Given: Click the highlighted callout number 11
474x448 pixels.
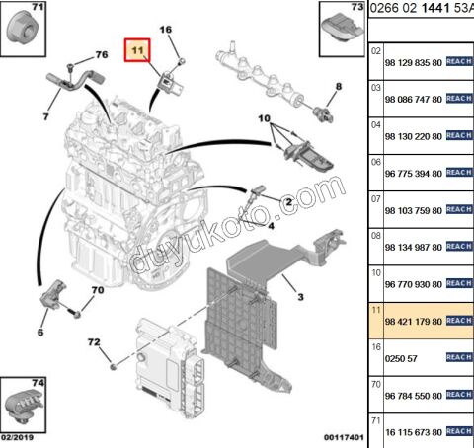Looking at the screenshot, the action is (x=137, y=50).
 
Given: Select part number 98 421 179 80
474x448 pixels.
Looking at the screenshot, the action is (x=414, y=322).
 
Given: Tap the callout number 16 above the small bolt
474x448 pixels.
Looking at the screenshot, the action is (x=166, y=30).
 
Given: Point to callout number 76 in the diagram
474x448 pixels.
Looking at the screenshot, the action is (x=102, y=54).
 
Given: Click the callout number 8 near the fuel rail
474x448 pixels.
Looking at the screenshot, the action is (x=339, y=86).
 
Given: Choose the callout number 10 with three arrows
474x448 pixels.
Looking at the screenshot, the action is (x=264, y=118).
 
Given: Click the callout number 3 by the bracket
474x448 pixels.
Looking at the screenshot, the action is (x=300, y=297).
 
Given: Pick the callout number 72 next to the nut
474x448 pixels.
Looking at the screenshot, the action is (x=94, y=342).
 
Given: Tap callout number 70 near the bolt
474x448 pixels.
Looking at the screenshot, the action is (x=98, y=290).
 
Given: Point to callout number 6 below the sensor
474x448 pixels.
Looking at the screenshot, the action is (x=40, y=332).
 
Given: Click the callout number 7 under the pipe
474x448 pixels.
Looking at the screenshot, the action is (x=45, y=116).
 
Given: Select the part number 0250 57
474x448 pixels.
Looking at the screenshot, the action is (x=401, y=358).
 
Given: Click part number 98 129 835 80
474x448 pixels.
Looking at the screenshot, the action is (x=414, y=62).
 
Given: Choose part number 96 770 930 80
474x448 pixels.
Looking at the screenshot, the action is (x=414, y=284).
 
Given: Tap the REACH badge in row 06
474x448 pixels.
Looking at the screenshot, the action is (x=459, y=173).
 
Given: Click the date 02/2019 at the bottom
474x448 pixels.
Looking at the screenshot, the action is (x=17, y=437).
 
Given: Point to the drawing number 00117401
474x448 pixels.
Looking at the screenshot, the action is (x=344, y=437).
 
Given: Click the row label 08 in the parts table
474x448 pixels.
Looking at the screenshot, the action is (x=376, y=236).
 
